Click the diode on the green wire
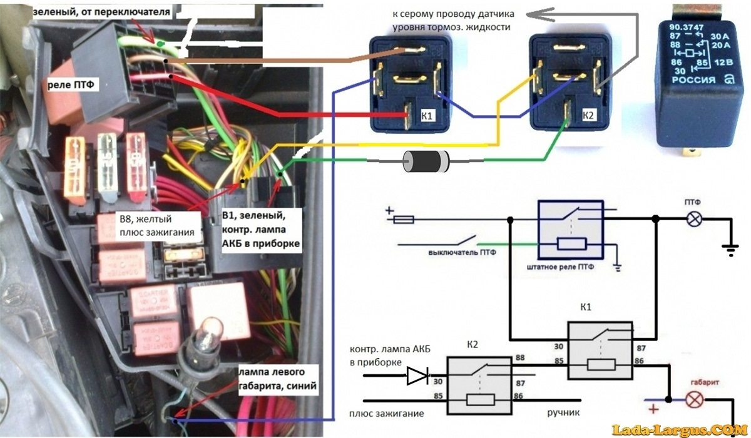tap(426, 162)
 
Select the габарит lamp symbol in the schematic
tap(693, 399)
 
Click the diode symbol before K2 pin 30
tap(417, 375)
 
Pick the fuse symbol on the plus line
tap(406, 220)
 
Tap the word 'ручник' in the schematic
tap(562, 414)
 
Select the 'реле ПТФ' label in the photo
tap(71, 84)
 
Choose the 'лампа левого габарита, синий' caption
tap(277, 379)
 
